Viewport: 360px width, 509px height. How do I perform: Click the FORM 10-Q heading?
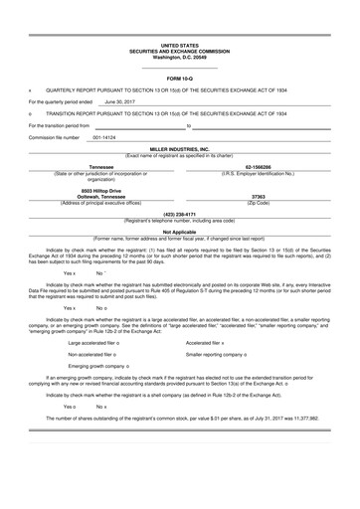[x=179, y=77]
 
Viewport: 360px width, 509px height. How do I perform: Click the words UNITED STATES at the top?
[x=179, y=46]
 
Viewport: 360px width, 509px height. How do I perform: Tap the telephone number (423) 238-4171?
[x=179, y=214]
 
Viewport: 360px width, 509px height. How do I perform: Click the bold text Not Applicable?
[x=179, y=232]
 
